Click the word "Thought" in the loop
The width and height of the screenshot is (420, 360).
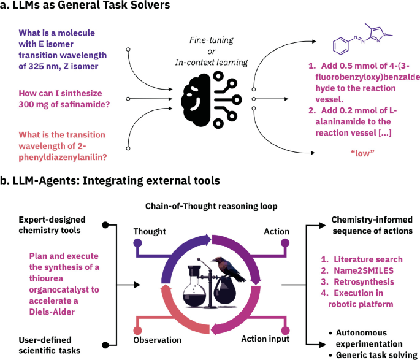(x=150, y=231)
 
